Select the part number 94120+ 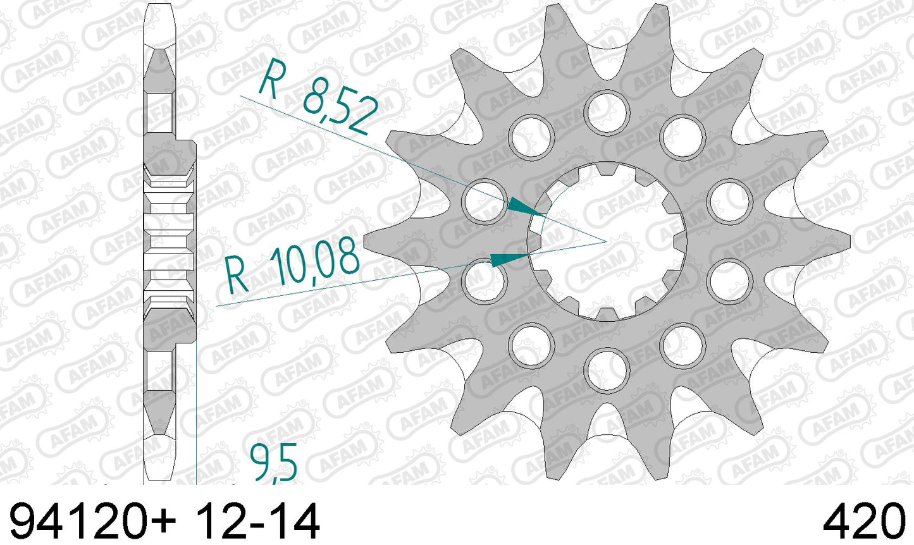93,521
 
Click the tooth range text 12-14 259,521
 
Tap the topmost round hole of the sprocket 607,113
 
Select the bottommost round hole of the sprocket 607,370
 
